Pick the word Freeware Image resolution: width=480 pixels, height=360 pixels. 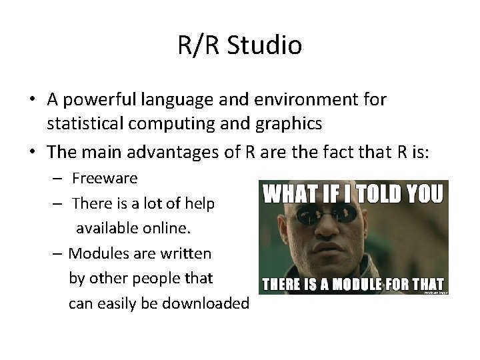pos(105,178)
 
